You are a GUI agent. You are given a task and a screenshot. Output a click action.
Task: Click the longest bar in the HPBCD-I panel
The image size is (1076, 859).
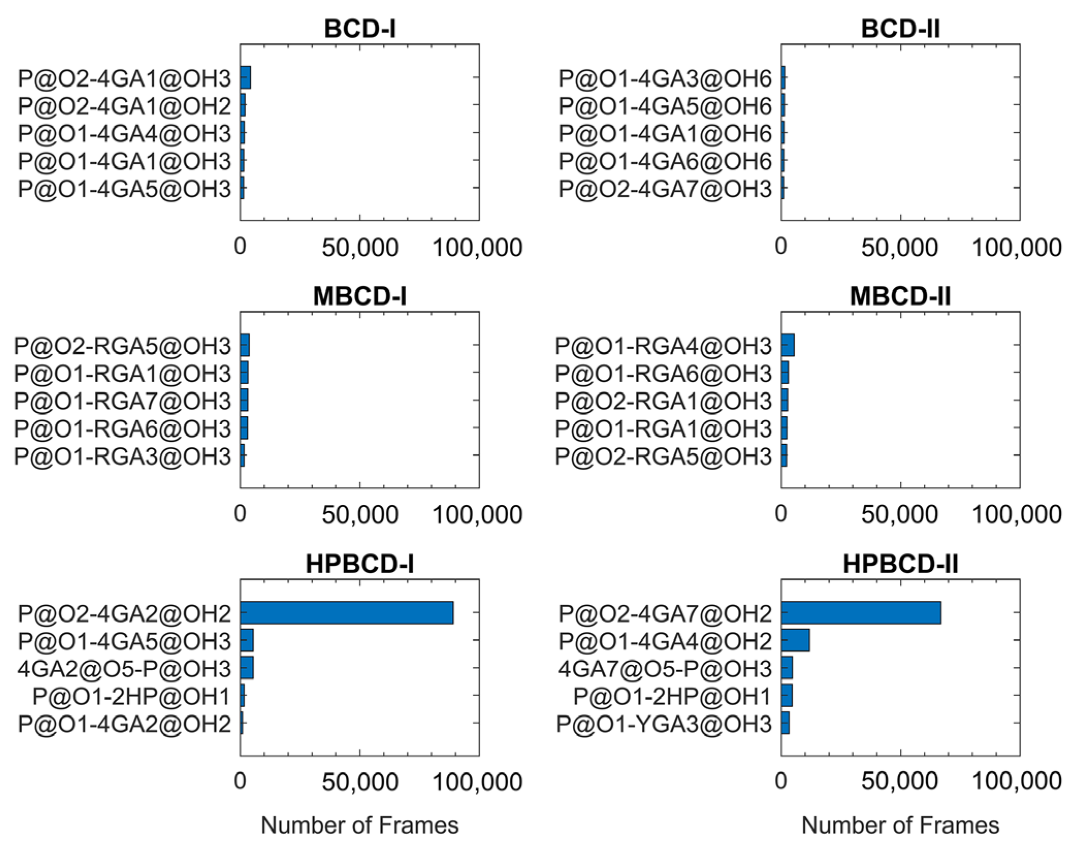(x=347, y=613)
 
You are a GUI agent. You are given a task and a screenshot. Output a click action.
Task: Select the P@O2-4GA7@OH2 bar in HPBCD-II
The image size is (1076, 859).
(x=861, y=613)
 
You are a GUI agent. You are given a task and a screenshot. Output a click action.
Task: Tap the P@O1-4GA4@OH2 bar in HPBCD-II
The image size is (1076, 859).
(x=795, y=640)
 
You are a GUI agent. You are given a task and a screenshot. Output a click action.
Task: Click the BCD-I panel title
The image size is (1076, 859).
(x=360, y=29)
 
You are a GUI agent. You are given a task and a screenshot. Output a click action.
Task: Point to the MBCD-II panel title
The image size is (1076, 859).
(x=900, y=296)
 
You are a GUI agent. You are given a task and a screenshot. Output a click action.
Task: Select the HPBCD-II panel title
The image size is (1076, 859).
(x=900, y=564)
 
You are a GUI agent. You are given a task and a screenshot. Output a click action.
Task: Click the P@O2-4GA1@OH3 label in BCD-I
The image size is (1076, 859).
(x=124, y=78)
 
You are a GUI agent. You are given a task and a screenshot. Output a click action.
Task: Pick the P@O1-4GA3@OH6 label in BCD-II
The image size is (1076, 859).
(x=665, y=78)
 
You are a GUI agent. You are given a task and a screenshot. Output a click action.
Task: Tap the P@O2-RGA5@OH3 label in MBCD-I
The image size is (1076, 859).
(x=122, y=345)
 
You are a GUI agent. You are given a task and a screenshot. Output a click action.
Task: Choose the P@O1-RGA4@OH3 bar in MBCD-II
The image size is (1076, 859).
(x=788, y=345)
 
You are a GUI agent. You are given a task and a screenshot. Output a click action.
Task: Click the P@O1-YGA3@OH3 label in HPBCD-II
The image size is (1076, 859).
(x=664, y=724)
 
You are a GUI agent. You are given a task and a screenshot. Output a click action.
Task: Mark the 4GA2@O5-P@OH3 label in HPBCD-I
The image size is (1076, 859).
(x=124, y=669)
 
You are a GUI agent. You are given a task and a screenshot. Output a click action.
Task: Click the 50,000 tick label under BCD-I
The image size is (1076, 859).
(x=360, y=248)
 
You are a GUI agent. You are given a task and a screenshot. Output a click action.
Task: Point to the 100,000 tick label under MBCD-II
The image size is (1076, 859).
(x=1016, y=515)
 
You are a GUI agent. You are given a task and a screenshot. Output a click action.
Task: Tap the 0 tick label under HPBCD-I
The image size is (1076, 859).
(x=240, y=781)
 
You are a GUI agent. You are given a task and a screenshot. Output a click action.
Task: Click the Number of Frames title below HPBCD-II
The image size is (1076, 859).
(x=900, y=825)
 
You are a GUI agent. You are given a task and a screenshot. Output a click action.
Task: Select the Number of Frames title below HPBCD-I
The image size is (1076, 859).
(x=360, y=825)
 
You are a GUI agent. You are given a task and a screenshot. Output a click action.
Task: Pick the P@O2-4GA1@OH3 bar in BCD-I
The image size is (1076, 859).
(x=246, y=78)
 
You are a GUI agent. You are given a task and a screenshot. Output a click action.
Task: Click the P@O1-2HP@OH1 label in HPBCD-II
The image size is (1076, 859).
(x=672, y=696)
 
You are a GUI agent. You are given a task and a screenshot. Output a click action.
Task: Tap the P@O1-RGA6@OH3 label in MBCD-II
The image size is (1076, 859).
(x=663, y=373)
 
